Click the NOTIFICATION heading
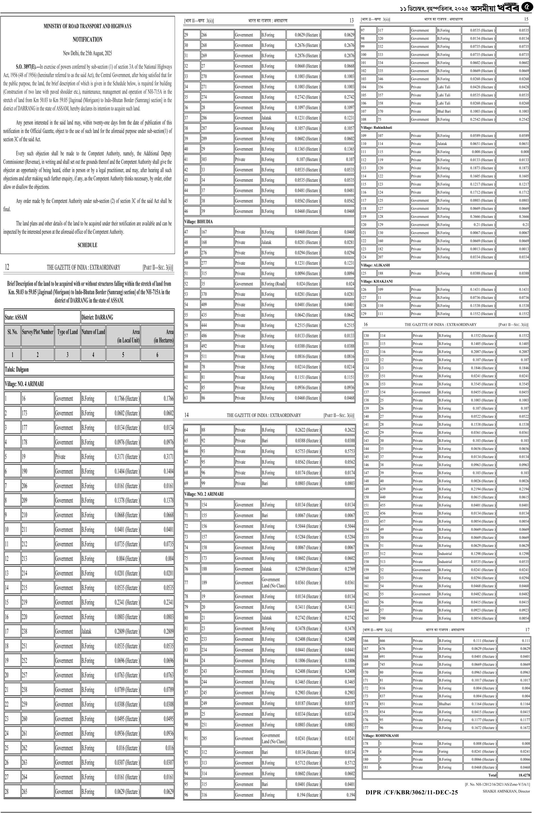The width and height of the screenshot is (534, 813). click(87, 40)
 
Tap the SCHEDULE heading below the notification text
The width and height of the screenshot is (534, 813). click(87, 245)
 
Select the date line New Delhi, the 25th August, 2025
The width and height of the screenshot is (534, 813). click(87, 53)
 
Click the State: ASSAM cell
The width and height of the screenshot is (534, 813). click(16, 317)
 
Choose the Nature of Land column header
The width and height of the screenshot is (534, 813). click(93, 332)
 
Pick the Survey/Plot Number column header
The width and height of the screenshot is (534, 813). click(37, 332)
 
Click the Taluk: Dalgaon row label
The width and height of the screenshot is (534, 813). click(17, 370)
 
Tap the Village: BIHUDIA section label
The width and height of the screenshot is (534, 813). click(198, 222)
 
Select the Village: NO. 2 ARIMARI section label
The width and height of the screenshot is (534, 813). click(204, 494)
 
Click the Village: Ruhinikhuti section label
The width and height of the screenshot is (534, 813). click(376, 127)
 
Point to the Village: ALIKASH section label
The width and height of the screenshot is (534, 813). click(375, 265)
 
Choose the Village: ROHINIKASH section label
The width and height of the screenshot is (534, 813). click(381, 736)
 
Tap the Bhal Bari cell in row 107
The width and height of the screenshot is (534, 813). click(444, 111)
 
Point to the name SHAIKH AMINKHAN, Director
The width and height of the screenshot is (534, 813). click(506, 791)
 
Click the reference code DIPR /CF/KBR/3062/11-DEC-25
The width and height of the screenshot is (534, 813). click(412, 793)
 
